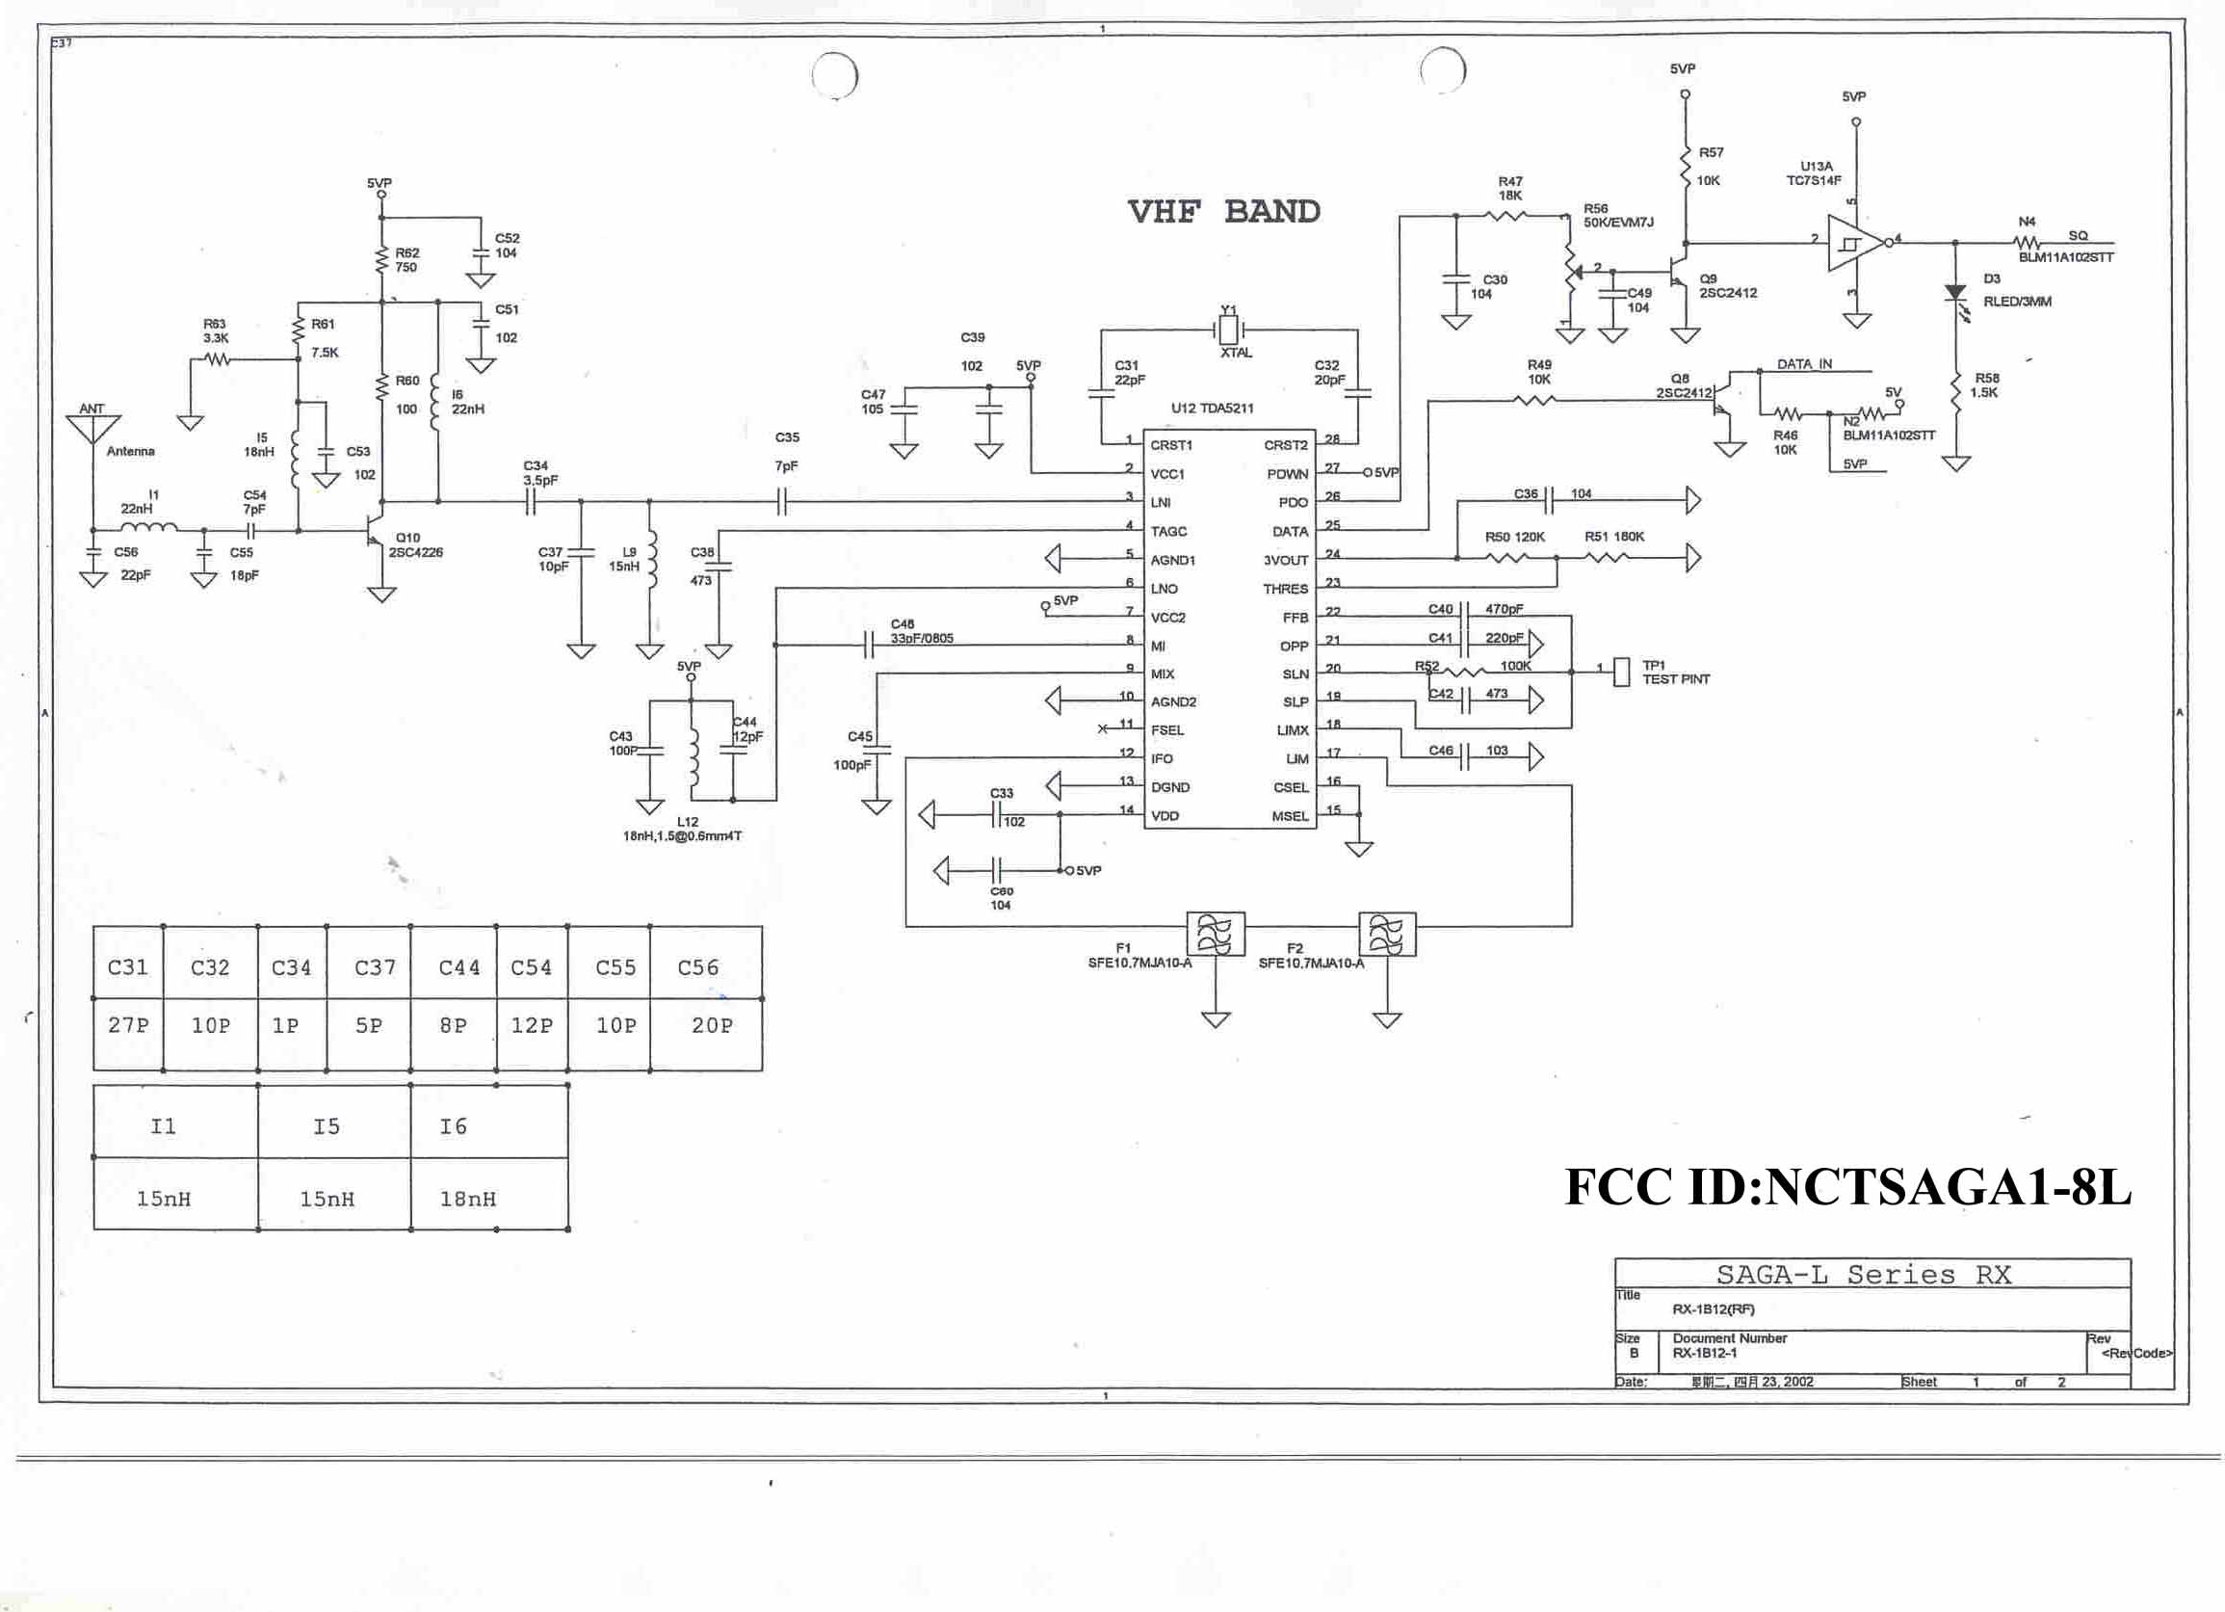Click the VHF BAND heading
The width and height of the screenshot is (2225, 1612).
coord(1223,211)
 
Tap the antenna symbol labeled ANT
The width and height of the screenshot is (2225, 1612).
coord(92,429)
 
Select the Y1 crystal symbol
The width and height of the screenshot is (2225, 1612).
coord(1228,330)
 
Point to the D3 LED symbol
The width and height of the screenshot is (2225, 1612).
coord(1955,292)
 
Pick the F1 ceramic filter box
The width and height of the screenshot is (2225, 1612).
coord(1216,934)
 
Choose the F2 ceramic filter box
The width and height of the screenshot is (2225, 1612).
coord(1386,934)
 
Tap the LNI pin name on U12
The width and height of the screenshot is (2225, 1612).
coord(1161,502)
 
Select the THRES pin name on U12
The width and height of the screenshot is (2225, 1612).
coord(1285,589)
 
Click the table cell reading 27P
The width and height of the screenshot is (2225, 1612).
coord(128,1025)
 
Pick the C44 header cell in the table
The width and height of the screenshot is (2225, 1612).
coord(459,967)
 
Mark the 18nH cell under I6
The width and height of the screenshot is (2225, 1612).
coord(468,1198)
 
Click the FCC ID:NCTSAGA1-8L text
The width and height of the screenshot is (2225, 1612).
coord(1847,1187)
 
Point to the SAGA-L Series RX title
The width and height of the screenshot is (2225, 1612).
coord(1863,1275)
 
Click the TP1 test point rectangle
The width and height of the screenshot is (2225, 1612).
coord(1622,673)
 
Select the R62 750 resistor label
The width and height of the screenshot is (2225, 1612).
coord(406,260)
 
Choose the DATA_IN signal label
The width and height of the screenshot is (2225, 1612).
coord(1804,364)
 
